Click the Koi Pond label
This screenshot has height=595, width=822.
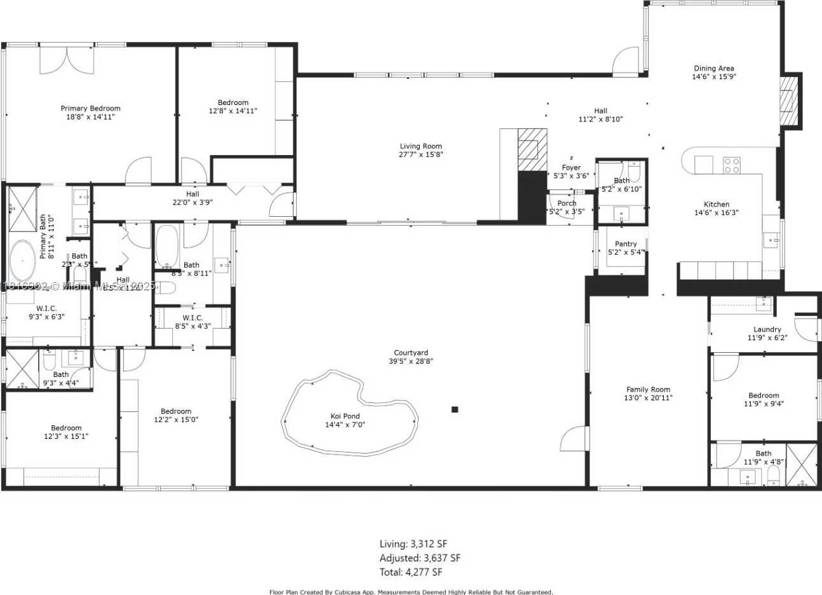(342, 416)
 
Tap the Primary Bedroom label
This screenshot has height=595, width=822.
(91, 109)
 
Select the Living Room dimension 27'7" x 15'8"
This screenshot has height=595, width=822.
(421, 154)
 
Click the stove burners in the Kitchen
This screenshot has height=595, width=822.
(732, 165)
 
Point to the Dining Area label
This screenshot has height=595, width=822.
(714, 69)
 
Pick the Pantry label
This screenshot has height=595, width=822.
(626, 244)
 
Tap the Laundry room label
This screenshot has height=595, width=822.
(767, 329)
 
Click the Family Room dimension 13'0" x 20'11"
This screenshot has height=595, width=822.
(648, 398)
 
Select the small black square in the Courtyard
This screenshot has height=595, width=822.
(455, 409)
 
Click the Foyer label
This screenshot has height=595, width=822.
(571, 168)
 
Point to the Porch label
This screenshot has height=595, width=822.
(567, 203)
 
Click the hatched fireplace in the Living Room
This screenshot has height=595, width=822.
(532, 149)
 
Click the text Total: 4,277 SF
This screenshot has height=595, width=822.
(411, 572)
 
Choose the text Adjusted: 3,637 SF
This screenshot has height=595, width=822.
(420, 558)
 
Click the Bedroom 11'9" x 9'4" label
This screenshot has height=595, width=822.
(763, 395)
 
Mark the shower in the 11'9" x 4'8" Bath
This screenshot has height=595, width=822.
(802, 465)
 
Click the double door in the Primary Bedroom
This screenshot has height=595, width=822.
(67, 60)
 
